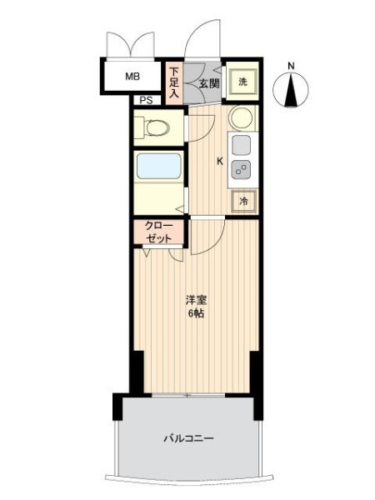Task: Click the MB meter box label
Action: pyautogui.click(x=132, y=77)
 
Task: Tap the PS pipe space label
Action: pyautogui.click(x=147, y=101)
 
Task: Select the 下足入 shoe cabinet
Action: pyautogui.click(x=174, y=82)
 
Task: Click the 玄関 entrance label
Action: pyautogui.click(x=209, y=83)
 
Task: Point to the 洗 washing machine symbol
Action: pyautogui.click(x=243, y=82)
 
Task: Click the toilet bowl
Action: pyautogui.click(x=157, y=127)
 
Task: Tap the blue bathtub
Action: pyautogui.click(x=159, y=166)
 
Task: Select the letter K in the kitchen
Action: pyautogui.click(x=220, y=162)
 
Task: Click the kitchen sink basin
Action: pyautogui.click(x=242, y=145)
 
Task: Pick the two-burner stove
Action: pyautogui.click(x=241, y=169)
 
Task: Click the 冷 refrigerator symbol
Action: pyautogui.click(x=243, y=201)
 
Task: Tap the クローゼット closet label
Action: pyautogui.click(x=158, y=232)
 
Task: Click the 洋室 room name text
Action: pyautogui.click(x=196, y=300)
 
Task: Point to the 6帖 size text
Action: pyautogui.click(x=196, y=314)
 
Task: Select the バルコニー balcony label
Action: pyautogui.click(x=188, y=438)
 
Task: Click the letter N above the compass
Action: pyautogui.click(x=291, y=66)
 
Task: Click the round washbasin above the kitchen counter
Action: pyautogui.click(x=242, y=117)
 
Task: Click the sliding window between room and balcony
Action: pyautogui.click(x=188, y=396)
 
